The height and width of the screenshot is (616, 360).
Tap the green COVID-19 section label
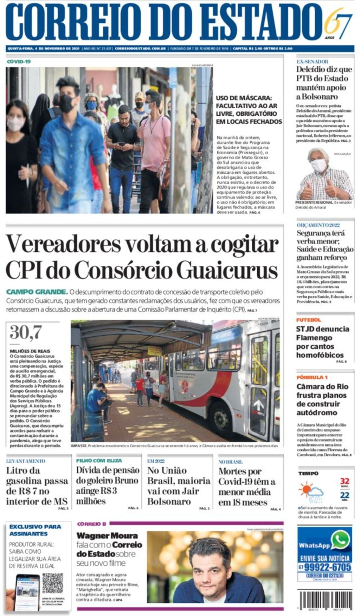[x=19, y=62]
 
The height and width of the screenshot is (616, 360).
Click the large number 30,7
[x=26, y=332]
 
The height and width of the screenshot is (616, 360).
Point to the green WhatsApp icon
[x=340, y=540]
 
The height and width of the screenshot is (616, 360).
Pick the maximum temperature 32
[x=345, y=481]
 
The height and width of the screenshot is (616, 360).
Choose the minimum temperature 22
[x=345, y=496]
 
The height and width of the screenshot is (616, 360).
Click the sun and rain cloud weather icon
[x=311, y=492]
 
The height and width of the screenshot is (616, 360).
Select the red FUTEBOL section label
[x=308, y=320]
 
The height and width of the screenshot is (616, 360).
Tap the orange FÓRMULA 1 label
[x=312, y=377]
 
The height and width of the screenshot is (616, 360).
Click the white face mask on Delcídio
[x=319, y=165]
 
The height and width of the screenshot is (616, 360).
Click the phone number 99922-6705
[x=327, y=567]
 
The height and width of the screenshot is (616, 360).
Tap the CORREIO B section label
[x=91, y=524]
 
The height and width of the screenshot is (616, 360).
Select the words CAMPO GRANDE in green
[x=37, y=292]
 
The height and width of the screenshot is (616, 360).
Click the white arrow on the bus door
[x=259, y=405]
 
